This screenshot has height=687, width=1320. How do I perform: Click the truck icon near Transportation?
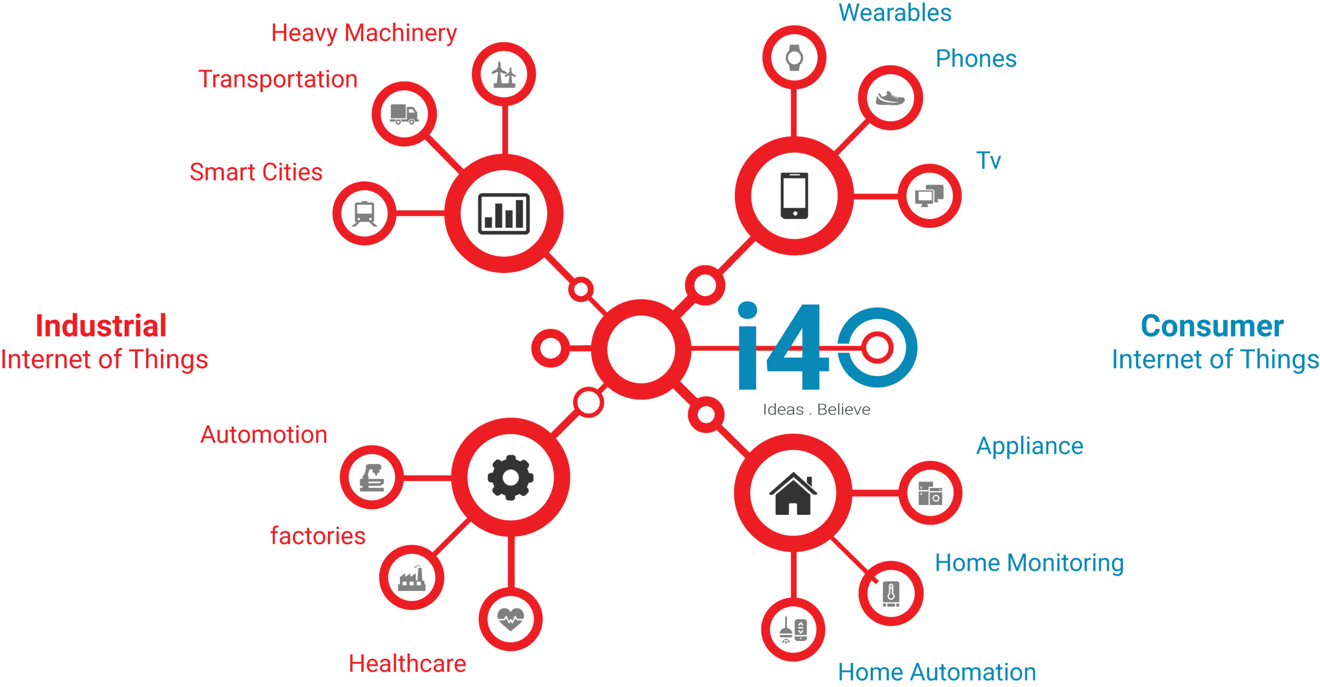click(404, 114)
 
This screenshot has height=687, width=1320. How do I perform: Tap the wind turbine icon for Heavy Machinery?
click(504, 74)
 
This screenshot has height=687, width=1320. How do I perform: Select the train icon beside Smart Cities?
click(364, 214)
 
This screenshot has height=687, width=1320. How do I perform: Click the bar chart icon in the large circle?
click(504, 214)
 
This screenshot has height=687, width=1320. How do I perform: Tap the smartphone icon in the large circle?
click(794, 196)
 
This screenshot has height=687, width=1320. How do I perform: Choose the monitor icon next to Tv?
click(929, 196)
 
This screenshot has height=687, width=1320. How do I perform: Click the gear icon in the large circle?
click(510, 478)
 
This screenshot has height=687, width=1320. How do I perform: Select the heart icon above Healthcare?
click(511, 619)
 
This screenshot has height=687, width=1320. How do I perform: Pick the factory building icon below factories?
click(411, 578)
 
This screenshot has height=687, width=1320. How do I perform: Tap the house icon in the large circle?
click(793, 493)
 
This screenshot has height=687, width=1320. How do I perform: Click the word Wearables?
click(895, 13)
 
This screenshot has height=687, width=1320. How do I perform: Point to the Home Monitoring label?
click(1029, 563)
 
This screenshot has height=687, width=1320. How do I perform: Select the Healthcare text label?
click(408, 664)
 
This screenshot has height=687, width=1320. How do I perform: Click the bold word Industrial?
click(101, 326)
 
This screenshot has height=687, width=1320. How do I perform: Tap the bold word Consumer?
click(1212, 326)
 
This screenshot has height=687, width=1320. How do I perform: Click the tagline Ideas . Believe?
click(816, 409)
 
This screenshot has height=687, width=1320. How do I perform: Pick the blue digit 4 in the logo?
click(798, 347)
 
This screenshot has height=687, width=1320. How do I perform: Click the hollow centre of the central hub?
click(641, 349)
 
